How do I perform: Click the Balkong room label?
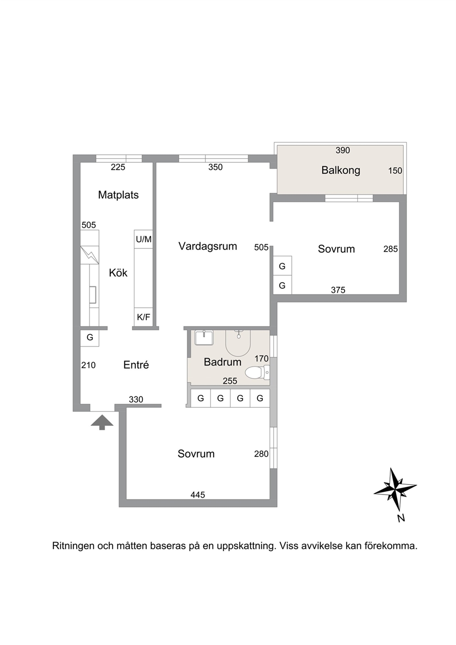coord(341,171)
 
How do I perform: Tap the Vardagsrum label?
coord(208,246)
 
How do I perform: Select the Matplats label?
coord(118,195)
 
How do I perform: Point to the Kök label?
coord(118,273)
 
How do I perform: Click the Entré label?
coord(136,365)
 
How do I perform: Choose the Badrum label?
coord(222,362)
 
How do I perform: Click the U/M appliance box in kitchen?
coord(143,239)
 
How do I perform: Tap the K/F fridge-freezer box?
coord(143,317)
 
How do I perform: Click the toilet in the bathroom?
coord(257,372)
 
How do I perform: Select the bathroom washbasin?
coord(204,338)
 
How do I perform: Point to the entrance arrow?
coord(102,423)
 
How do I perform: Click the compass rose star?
coord(395,493)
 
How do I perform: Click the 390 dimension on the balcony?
coord(342,150)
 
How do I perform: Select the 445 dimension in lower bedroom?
coord(198,495)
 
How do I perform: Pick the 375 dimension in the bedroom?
coord(338,290)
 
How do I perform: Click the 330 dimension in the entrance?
coord(136,400)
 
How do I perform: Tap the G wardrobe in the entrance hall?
coord(90,337)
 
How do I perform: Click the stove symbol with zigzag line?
coord(90,255)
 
